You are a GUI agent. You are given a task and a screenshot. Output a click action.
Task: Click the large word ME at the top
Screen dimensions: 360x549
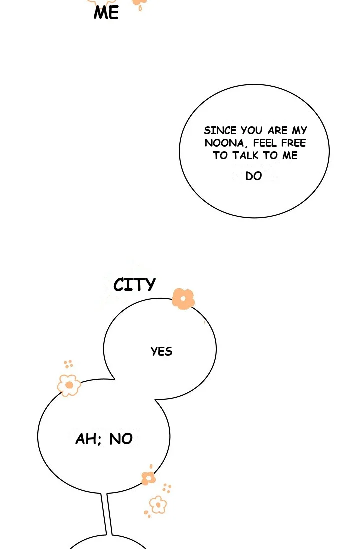click(x=106, y=13)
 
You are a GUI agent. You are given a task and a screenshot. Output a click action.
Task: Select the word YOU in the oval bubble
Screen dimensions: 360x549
click(x=252, y=131)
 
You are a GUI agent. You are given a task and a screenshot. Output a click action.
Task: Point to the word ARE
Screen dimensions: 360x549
click(x=277, y=131)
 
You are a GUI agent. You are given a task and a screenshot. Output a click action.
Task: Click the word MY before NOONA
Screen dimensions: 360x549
click(x=300, y=131)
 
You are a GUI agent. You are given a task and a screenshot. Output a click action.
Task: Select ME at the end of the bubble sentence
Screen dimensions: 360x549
click(x=290, y=156)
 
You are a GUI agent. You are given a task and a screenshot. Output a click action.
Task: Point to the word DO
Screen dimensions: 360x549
click(x=254, y=176)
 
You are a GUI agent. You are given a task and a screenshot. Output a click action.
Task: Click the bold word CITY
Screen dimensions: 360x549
click(x=135, y=285)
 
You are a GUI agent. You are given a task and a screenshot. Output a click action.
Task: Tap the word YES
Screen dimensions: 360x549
click(x=162, y=351)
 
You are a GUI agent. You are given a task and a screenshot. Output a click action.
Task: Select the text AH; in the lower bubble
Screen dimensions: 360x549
click(x=89, y=439)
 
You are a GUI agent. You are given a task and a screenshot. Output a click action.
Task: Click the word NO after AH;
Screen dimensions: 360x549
click(x=121, y=439)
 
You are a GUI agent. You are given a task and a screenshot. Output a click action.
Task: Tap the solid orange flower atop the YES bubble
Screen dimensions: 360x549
click(x=183, y=299)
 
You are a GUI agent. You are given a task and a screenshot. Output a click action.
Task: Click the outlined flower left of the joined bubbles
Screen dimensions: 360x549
click(x=69, y=385)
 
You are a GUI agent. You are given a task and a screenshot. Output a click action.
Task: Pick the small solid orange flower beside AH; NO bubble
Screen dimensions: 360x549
click(x=149, y=478)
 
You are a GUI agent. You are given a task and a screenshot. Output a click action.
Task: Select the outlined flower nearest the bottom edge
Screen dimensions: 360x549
click(x=158, y=505)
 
